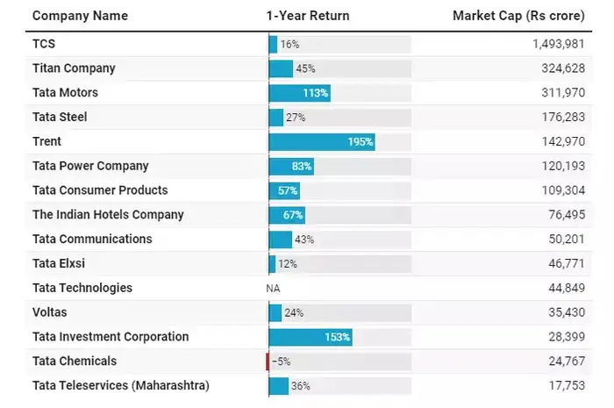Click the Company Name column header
pos(80,16)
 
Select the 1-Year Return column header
pos(307,16)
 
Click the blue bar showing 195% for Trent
pos(322,141)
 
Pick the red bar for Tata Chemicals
pos(268,361)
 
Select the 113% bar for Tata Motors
pos(299,93)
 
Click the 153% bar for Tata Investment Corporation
pos(311,337)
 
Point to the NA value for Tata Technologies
pos(273,289)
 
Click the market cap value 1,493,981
pos(559,44)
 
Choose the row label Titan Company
pos(74,68)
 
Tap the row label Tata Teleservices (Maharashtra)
pos(121,385)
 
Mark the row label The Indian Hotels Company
pos(108,215)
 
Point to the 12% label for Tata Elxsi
pos(288,264)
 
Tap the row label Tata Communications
pos(92,240)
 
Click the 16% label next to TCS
pos(289,44)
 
